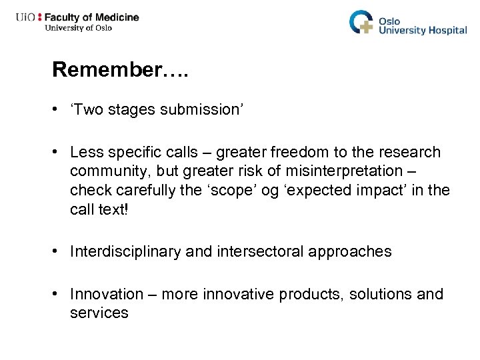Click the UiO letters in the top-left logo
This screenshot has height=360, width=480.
(x=26, y=17)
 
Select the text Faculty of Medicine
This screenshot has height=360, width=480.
(x=92, y=17)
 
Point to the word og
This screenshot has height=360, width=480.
(x=269, y=191)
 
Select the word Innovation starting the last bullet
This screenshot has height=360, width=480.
(x=107, y=294)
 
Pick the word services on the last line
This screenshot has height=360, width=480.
(x=99, y=313)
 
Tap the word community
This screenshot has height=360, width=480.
(x=109, y=171)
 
